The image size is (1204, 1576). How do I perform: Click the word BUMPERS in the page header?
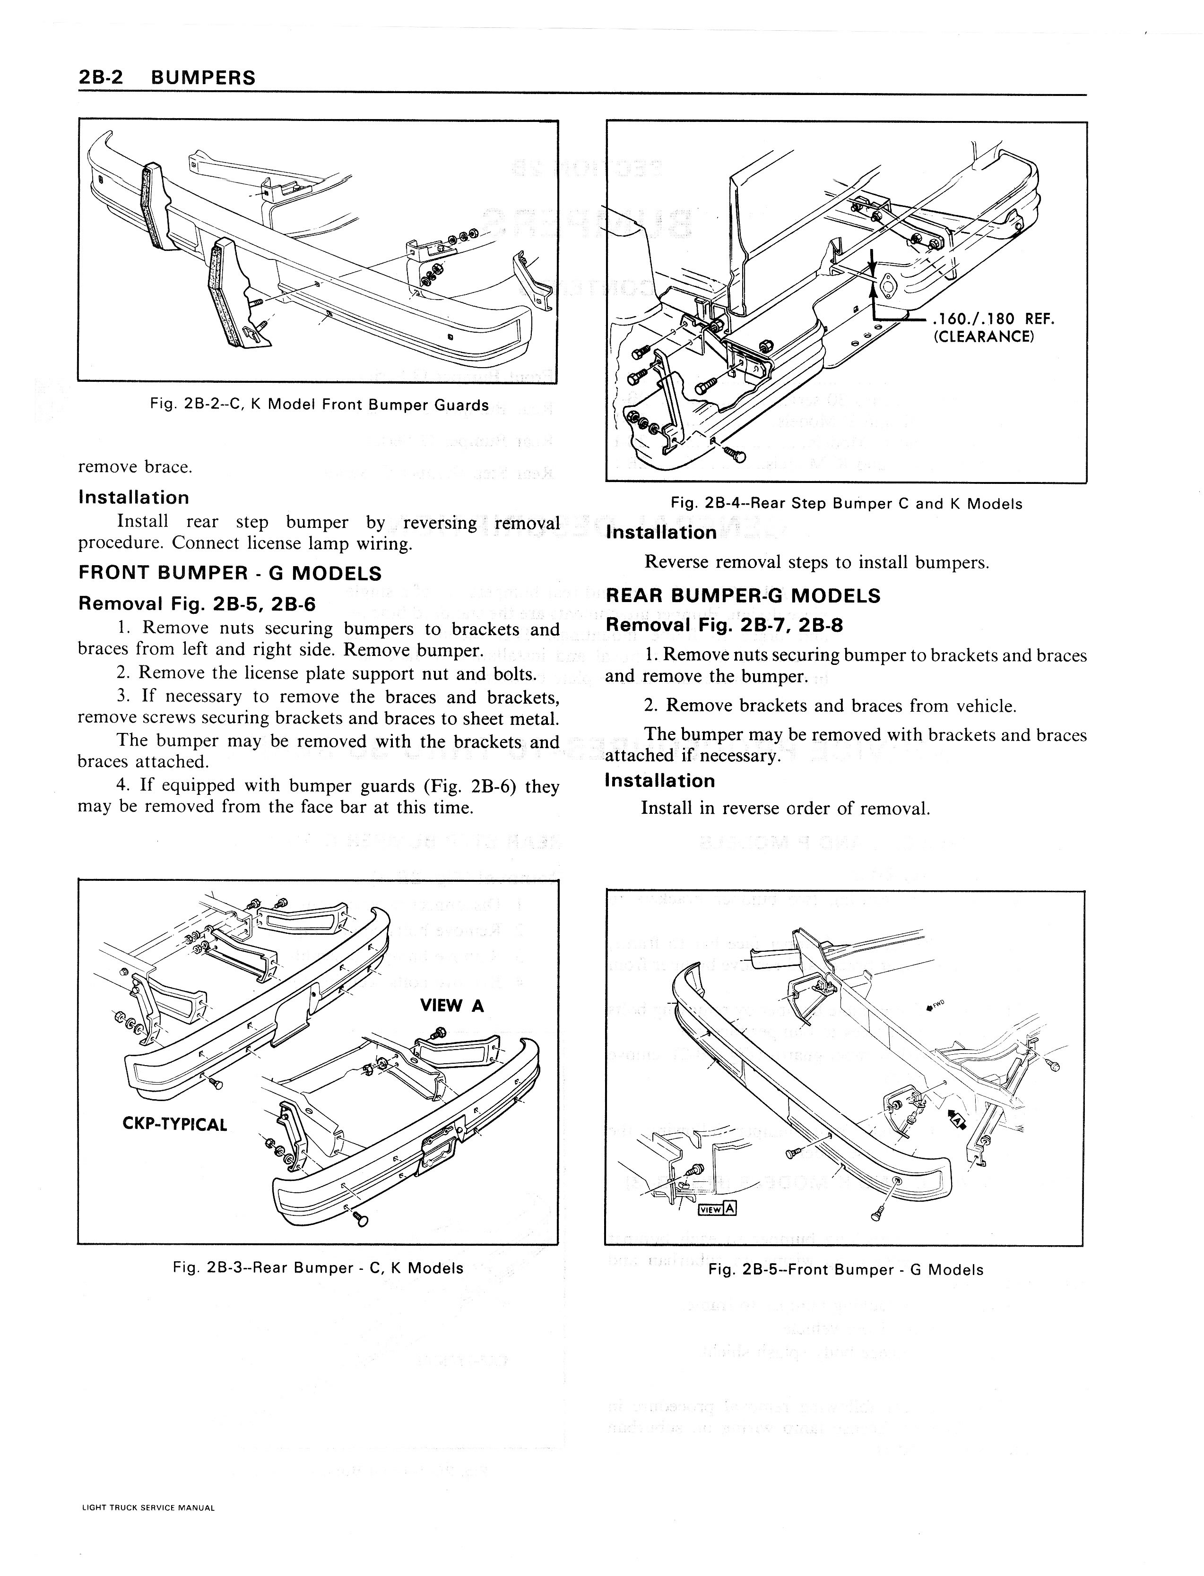(x=204, y=78)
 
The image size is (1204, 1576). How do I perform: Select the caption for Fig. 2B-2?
(x=319, y=405)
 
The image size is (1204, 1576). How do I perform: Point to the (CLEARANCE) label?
(x=983, y=336)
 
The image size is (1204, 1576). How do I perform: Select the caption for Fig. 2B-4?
(x=846, y=504)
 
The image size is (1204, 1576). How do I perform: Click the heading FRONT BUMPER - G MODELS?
(x=229, y=573)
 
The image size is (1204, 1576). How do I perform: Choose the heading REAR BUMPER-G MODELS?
(x=743, y=596)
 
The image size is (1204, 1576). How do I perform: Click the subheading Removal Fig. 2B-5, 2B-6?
(x=196, y=604)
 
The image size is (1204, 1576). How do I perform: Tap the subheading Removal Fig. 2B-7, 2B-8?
(x=724, y=625)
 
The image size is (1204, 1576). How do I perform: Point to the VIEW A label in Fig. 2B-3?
(x=452, y=1006)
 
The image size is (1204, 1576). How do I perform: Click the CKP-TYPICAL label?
(x=175, y=1124)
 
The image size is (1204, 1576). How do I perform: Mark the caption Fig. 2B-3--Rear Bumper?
(x=318, y=1268)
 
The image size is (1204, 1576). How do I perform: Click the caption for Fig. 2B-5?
(x=846, y=1270)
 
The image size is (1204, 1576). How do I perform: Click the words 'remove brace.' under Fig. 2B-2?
(x=135, y=467)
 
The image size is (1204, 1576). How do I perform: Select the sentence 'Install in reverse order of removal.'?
(x=786, y=809)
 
